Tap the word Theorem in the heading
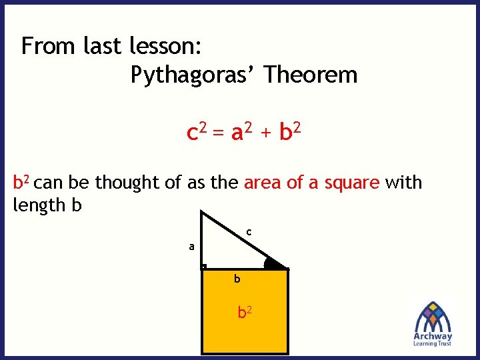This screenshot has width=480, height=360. pos(311,74)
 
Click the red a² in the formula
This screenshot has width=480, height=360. pos(241,133)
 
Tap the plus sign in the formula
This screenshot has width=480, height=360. pos(265,134)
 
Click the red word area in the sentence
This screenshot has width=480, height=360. pos(264,183)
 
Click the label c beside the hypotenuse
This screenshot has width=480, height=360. pos(248,232)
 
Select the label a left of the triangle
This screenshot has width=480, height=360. pos(191,246)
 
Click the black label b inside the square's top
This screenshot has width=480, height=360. pos(237,279)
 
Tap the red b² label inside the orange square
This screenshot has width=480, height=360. pos(245,311)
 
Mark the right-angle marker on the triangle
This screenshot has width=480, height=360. pos(204,266)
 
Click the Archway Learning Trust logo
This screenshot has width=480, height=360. pos(433,323)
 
